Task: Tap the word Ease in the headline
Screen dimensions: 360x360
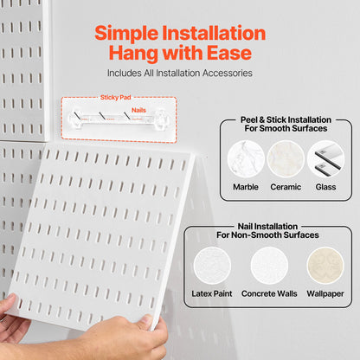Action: click(x=229, y=54)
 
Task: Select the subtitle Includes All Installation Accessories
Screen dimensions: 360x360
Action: click(x=180, y=74)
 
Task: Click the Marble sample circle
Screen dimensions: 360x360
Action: click(x=246, y=160)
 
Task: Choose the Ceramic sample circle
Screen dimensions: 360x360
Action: click(x=285, y=160)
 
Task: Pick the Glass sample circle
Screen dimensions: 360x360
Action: click(x=325, y=160)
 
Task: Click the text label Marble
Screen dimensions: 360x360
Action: click(x=246, y=187)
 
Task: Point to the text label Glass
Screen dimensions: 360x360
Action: click(x=325, y=187)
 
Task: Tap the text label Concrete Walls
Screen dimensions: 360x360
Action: click(x=269, y=294)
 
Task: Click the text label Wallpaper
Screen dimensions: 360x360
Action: click(x=325, y=294)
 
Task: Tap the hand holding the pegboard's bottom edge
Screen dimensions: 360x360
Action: click(x=121, y=339)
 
